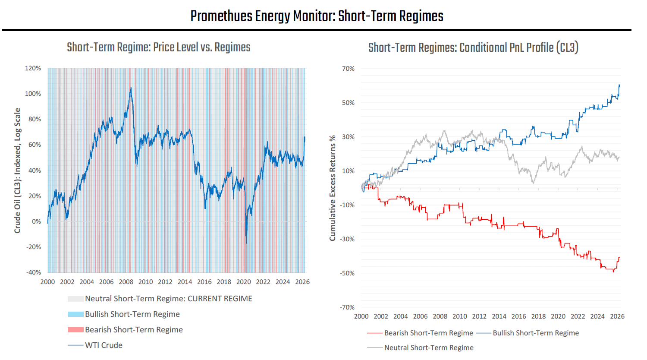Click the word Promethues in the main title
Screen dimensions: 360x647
(x=221, y=16)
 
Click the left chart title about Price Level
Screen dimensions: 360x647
(x=158, y=47)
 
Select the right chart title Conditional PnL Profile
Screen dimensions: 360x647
(x=473, y=47)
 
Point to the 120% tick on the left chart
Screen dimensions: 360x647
(x=33, y=68)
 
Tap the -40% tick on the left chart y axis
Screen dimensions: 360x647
(x=34, y=272)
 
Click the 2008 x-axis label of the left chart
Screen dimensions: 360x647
(x=126, y=282)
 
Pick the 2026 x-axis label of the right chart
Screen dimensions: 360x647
(x=617, y=316)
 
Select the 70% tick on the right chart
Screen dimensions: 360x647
(x=348, y=69)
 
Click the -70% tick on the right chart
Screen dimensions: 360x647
(x=347, y=307)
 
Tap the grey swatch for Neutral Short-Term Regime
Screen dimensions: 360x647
(x=75, y=299)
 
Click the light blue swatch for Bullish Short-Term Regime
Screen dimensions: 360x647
(x=75, y=314)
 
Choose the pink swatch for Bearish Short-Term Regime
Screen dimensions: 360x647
(x=75, y=330)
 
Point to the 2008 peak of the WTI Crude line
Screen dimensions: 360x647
(x=131, y=88)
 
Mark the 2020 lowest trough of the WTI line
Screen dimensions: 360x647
(x=246, y=243)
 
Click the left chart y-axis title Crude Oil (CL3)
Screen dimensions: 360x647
(x=17, y=171)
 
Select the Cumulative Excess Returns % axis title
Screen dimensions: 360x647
(x=332, y=188)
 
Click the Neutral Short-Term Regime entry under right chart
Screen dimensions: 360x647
(x=428, y=348)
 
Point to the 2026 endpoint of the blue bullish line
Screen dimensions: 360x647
(x=619, y=85)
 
